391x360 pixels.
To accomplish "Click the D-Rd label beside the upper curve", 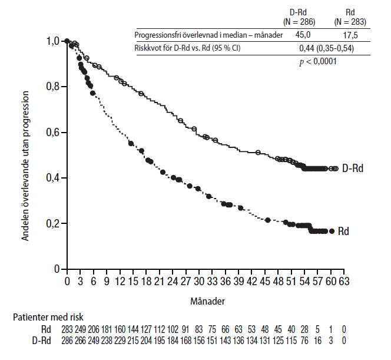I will [352, 169].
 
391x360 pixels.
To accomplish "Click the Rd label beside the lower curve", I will [344, 232].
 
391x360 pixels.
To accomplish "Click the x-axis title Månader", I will [206, 300].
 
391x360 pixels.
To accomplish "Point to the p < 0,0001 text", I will [318, 61].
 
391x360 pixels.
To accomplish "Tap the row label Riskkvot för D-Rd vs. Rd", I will [188, 48].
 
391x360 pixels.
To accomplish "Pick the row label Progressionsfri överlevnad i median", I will [208, 35].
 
